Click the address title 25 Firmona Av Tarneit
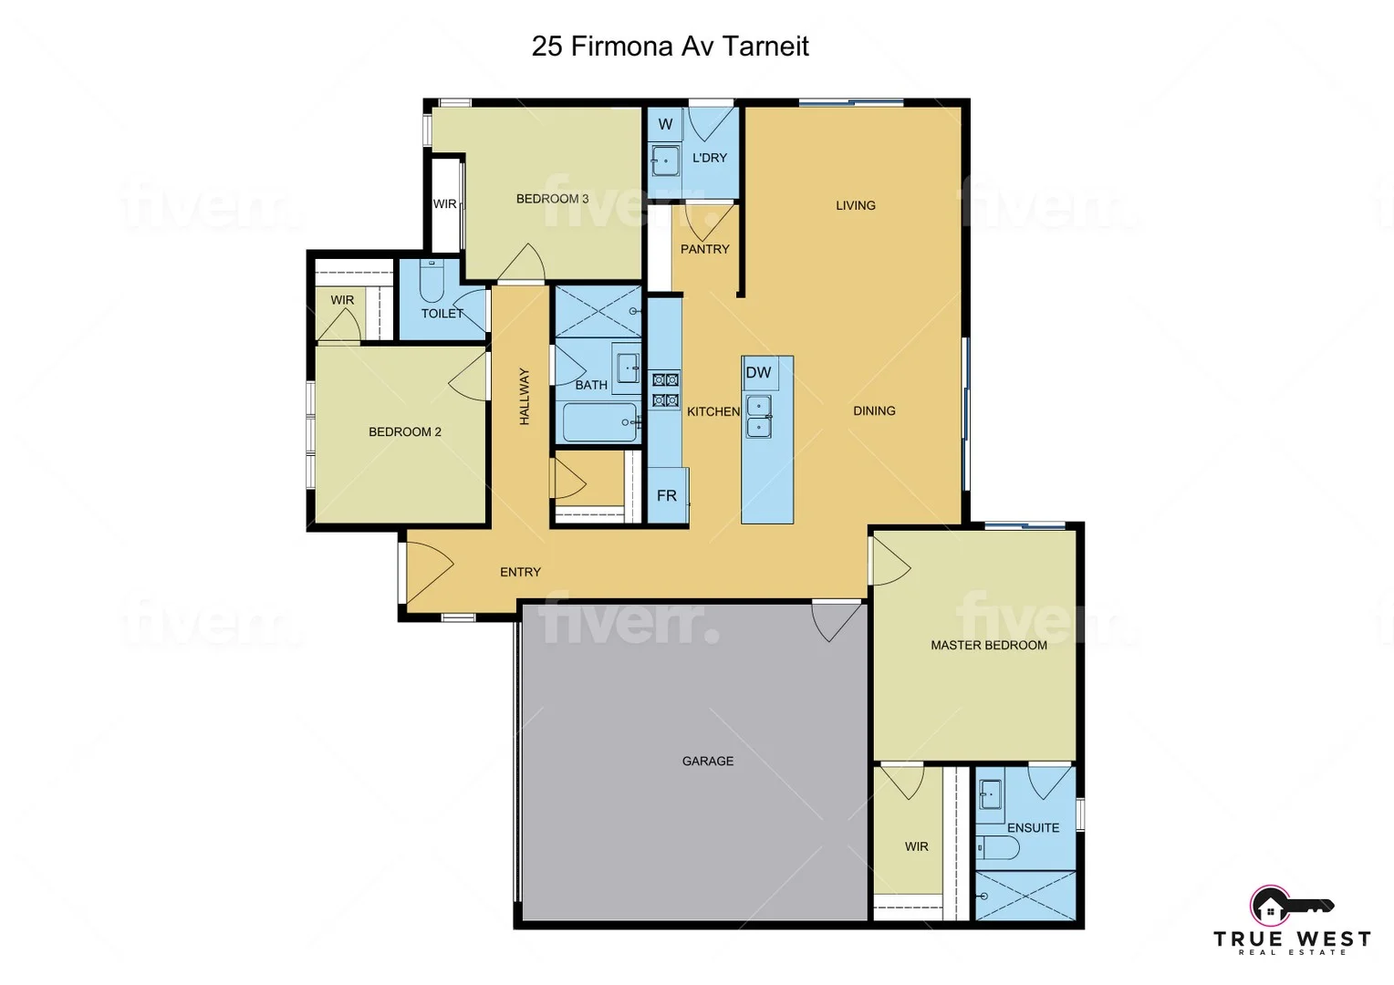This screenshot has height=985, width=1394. tap(670, 47)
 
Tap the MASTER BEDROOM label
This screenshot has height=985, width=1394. tap(988, 645)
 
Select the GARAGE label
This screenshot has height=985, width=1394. tap(707, 761)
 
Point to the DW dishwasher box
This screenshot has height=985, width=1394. tap(758, 372)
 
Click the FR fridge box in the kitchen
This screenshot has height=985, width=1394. tap(667, 495)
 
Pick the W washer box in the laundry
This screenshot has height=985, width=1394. tap(665, 124)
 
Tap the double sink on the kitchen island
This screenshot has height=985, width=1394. tap(759, 416)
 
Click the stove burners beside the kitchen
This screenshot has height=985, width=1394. tap(665, 389)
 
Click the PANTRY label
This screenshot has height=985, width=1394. tap(704, 249)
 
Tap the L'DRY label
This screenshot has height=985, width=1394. tap(710, 158)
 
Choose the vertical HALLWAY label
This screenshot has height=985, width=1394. tap(525, 396)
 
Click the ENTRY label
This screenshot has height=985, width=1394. tap(520, 572)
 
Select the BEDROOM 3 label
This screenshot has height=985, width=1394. tap(552, 199)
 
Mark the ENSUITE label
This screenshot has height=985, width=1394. tap(1033, 828)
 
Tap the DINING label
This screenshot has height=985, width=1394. tap(874, 410)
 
